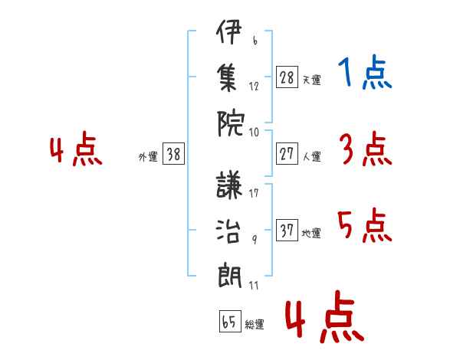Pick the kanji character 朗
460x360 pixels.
point(229,272)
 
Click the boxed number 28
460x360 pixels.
point(287,77)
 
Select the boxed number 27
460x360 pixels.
point(287,153)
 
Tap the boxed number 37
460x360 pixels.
point(287,231)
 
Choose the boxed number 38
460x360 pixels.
point(173,154)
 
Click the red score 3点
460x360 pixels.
point(366,149)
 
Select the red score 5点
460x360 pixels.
point(366,227)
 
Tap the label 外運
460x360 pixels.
point(147,156)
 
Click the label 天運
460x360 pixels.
point(311,80)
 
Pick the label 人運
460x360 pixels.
point(311,156)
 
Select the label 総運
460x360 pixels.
point(255,324)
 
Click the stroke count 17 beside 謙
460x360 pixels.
point(254,193)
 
